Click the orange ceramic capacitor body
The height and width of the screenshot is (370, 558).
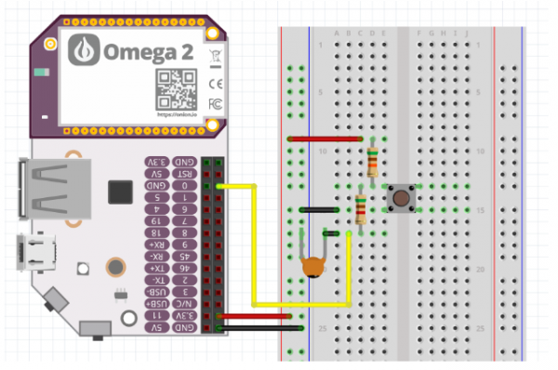315,268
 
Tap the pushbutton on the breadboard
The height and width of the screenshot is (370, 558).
401,197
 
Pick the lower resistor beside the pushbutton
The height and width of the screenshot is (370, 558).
360,209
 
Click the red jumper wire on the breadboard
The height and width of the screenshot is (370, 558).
325,139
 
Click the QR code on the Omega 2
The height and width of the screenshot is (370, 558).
174,88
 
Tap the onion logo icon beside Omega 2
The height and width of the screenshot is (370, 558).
86,49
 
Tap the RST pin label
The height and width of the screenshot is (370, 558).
187,174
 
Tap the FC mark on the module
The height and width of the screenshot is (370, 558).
215,101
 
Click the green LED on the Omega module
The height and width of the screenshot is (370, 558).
40,72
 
